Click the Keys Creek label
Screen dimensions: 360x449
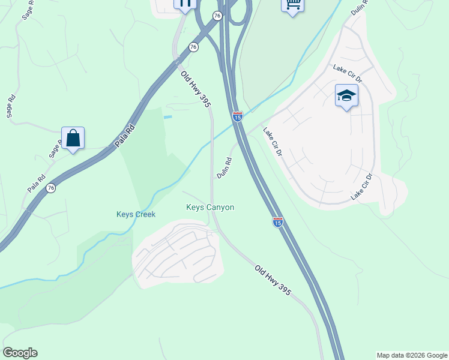tap(136, 214)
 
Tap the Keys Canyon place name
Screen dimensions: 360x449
tap(209, 207)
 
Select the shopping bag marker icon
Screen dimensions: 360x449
tap(73, 139)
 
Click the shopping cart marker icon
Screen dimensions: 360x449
tap(292, 5)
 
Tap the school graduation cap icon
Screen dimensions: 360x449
tap(346, 96)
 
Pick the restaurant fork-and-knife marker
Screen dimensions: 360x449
tap(185, 4)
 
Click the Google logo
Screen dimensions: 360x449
tap(20, 353)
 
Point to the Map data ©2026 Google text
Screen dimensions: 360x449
tap(412, 355)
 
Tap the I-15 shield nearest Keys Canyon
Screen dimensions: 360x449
tap(277, 222)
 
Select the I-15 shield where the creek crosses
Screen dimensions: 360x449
tap(238, 116)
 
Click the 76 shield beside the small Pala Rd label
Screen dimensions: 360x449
tap(51, 188)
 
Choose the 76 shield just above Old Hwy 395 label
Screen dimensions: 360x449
tap(193, 47)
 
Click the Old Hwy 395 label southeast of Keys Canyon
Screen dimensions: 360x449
tap(273, 280)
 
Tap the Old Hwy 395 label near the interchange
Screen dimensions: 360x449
tap(196, 89)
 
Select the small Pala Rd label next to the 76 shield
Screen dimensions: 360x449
tap(37, 184)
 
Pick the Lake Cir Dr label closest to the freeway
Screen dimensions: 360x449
tap(272, 142)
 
